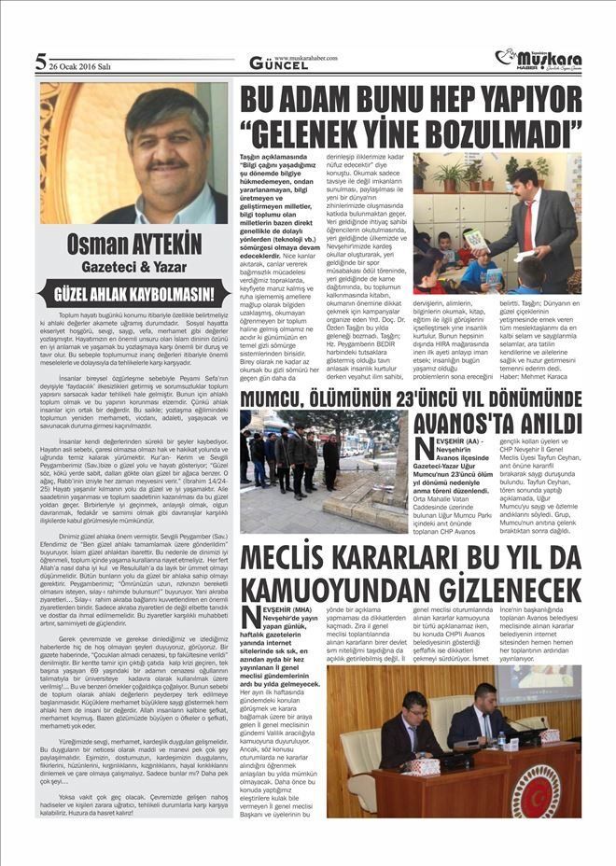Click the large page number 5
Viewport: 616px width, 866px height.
tap(40, 63)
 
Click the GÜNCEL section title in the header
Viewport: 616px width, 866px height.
tap(272, 64)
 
